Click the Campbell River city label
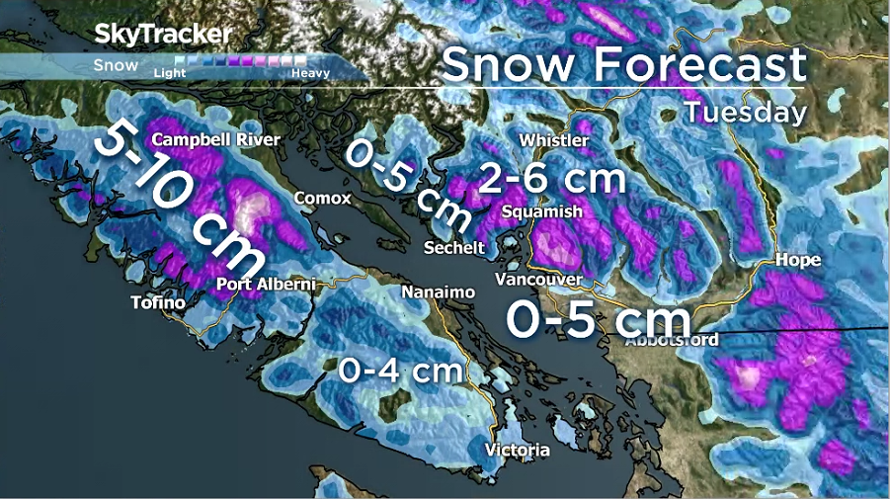[215, 139]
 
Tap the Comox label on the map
[322, 199]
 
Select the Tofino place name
[158, 302]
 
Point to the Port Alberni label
[266, 285]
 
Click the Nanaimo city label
[439, 292]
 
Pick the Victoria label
[517, 451]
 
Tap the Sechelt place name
[454, 247]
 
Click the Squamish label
[541, 211]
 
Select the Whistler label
[553, 140]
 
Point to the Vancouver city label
[538, 280]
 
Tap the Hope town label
[799, 261]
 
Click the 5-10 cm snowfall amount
[179, 202]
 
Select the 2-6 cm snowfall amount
[552, 179]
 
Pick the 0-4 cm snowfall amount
[400, 371]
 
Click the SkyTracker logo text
[163, 34]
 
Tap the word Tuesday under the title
[745, 112]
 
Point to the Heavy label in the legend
[310, 72]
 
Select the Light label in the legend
[170, 72]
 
